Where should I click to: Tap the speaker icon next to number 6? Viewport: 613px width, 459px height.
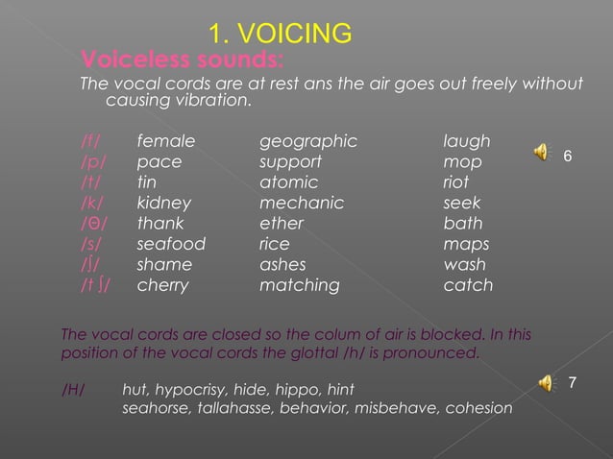pos(543,151)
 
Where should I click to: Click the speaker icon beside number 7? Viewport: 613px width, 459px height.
pos(546,383)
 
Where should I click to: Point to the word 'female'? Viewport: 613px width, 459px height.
pos(165,142)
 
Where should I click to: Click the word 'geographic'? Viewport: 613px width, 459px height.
pos(308,143)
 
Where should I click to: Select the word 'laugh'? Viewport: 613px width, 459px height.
pos(466,143)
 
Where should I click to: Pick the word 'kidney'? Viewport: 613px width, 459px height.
pos(164,204)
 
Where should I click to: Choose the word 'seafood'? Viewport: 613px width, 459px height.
pos(171,244)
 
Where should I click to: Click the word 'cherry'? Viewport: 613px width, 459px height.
pos(162,285)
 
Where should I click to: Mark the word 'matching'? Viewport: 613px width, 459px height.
pos(300,285)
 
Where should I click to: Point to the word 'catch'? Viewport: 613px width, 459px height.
pos(467,285)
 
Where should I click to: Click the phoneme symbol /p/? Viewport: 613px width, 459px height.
pos(93,163)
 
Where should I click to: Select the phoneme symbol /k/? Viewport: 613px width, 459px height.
pos(93,204)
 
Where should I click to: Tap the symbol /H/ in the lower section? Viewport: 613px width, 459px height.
pos(73,390)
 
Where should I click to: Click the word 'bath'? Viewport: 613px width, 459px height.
pos(463,224)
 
